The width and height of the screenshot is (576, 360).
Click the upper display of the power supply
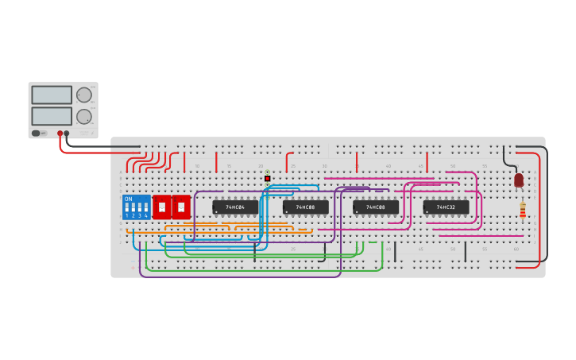coord(52,95)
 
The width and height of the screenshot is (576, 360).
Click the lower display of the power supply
coord(52,116)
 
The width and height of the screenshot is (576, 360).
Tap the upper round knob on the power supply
coord(83,95)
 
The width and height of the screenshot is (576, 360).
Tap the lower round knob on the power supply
coord(83,116)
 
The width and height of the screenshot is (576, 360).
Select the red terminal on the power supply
coord(60,134)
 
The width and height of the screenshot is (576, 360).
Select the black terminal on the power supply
coord(67,134)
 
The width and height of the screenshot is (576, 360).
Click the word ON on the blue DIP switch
coord(129,199)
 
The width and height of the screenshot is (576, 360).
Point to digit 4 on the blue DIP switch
coord(146,216)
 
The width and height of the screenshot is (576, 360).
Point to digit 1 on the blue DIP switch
coord(126,216)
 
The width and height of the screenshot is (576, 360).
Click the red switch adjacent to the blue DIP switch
coord(162,207)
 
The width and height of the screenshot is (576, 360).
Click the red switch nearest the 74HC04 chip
coord(181,207)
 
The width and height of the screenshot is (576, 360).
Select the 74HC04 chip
coord(235,207)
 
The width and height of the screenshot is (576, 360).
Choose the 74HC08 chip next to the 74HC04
coord(305,207)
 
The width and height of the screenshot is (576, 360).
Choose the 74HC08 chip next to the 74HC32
coord(376,207)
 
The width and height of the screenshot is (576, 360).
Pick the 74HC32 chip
coord(446,207)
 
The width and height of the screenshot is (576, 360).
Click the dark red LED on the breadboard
coord(519,180)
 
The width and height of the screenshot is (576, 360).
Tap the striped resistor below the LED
coord(523,211)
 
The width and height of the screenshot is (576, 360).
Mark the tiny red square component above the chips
coord(268,178)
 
